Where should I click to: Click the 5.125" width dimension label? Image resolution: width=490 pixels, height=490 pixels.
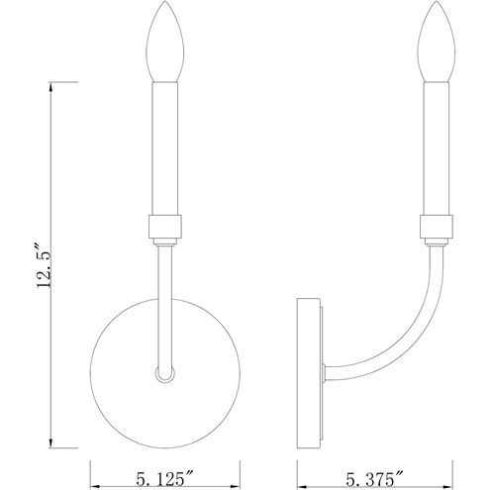point(164,478)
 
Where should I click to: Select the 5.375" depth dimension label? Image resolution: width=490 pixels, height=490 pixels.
point(374,478)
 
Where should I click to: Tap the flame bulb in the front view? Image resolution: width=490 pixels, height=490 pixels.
point(165,42)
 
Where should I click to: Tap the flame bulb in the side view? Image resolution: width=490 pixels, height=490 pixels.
point(437,42)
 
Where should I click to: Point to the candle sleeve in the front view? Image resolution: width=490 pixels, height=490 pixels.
point(165,148)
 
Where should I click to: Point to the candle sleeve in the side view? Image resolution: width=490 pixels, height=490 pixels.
point(437,148)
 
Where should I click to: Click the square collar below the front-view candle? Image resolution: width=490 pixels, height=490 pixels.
point(165,227)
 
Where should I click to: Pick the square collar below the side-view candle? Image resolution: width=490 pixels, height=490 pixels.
point(437,227)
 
